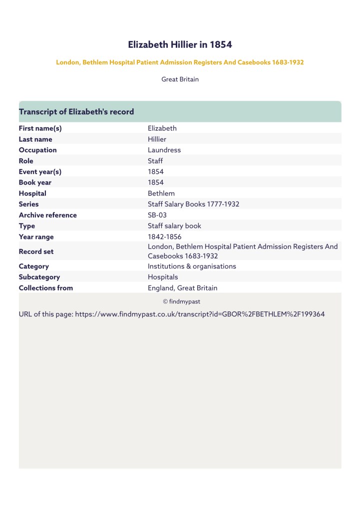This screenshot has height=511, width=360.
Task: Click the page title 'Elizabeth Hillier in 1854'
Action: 180,45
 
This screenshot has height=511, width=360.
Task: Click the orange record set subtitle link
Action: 180,62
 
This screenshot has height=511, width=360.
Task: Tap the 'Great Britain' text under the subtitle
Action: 180,79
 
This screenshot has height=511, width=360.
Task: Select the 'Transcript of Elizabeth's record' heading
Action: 76,112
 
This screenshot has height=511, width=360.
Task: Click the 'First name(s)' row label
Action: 40,128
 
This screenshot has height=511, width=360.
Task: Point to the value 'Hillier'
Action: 157,139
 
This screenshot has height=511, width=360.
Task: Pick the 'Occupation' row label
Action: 37,150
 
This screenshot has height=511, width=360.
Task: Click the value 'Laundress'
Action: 164,150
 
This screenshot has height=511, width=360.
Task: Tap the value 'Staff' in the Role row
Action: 155,161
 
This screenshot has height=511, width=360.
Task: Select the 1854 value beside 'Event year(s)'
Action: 156,172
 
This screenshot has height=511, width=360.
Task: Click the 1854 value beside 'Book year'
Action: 156,183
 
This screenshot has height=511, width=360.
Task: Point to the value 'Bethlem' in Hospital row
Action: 161,194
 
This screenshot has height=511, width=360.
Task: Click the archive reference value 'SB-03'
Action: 157,215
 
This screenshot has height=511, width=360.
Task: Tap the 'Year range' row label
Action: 36,237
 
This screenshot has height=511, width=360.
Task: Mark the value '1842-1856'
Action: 164,237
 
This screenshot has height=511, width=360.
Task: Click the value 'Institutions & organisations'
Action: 192,266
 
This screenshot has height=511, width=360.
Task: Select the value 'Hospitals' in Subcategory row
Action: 163,277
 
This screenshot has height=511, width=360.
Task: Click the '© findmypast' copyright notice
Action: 181,301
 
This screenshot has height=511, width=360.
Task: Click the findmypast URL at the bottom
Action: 200,315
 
